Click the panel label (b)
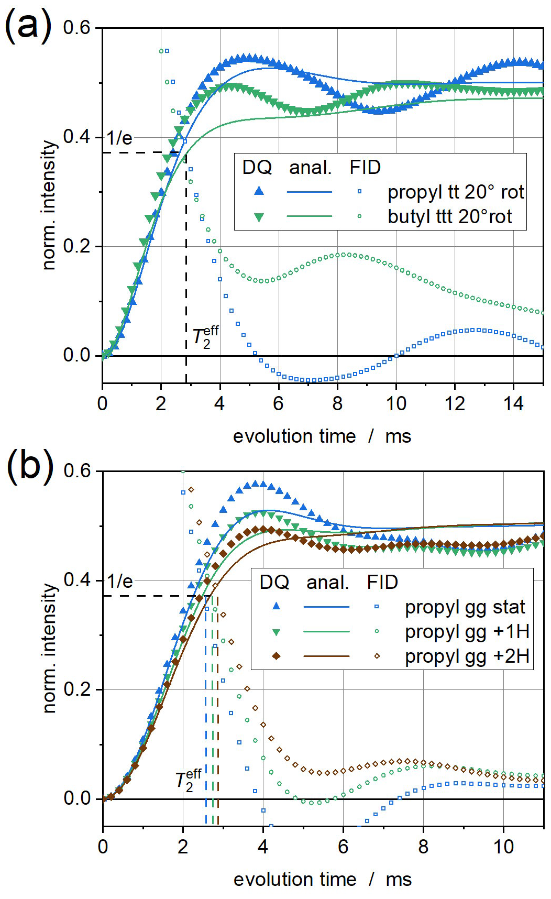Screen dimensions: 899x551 tap(30, 465)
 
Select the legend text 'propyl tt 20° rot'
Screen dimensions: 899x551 tap(455, 192)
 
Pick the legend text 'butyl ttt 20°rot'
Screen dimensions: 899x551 tap(449, 216)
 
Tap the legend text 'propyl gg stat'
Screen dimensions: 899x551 tap(465, 607)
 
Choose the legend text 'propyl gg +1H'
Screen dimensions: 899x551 tap(467, 632)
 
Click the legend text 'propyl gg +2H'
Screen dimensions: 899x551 tap(467, 656)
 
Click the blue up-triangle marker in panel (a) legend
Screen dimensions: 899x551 tap(259, 192)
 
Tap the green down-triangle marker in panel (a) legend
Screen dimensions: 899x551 tap(259, 217)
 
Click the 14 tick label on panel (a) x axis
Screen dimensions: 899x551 tap(514, 403)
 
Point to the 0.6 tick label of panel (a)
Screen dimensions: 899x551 tap(76, 28)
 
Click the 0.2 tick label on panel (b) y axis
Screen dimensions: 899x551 tap(77, 689)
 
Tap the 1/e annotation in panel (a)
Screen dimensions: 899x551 tap(119, 138)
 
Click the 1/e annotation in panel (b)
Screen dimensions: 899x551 tap(119, 582)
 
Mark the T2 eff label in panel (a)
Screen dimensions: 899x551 tap(205, 335)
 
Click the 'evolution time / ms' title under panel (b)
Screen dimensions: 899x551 tap(322, 880)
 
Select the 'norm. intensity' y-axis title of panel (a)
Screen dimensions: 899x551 tap(49, 204)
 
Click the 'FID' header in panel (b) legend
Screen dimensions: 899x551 tap(382, 582)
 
